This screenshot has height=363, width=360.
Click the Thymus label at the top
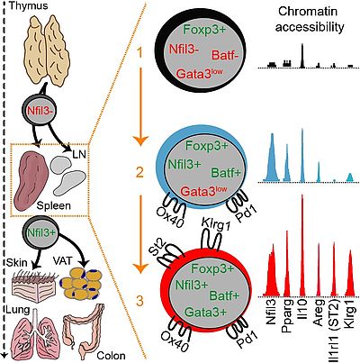point(29,5)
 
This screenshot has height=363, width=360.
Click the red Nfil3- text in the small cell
point(40,111)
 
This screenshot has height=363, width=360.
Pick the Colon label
point(111,356)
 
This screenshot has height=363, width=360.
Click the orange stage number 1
point(140,53)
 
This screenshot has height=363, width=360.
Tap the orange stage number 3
point(139,301)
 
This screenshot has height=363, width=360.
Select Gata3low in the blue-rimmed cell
point(203,191)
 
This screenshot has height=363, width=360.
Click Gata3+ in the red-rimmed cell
point(205,313)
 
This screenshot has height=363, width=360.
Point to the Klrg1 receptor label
point(216,224)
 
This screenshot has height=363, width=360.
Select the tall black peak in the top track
point(302,55)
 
